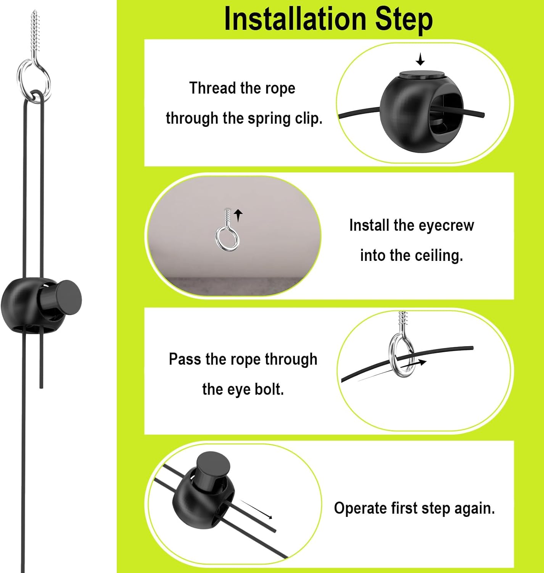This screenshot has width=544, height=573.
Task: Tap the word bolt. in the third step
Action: click(x=269, y=390)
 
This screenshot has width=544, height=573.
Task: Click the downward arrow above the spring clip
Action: click(x=420, y=60)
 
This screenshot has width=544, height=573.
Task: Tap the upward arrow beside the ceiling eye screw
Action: click(x=239, y=215)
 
